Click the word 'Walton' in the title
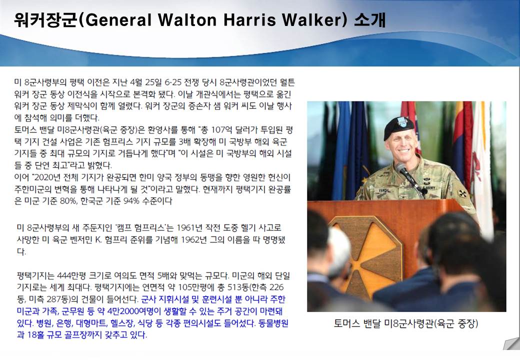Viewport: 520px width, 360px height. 187,20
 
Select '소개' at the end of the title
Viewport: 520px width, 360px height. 370,20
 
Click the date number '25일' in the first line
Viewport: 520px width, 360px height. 151,82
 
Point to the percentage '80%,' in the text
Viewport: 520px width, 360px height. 68,201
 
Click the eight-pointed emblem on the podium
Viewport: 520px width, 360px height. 366,255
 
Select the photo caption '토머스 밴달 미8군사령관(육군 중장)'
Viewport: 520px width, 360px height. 406,323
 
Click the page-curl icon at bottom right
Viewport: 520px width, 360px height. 511,344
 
